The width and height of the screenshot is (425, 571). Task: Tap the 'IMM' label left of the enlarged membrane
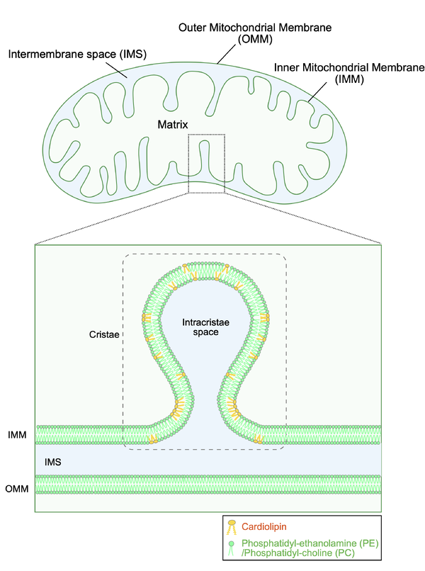click(17, 435)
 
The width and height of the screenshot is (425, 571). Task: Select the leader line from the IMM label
click(317, 92)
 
